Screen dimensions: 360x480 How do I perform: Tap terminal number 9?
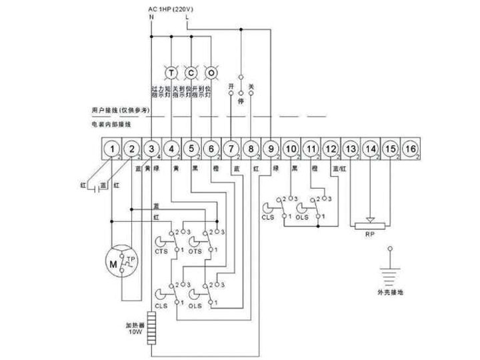click(x=271, y=149)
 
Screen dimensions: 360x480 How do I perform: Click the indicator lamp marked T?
click(x=171, y=72)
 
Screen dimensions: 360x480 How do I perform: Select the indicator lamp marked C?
click(x=191, y=72)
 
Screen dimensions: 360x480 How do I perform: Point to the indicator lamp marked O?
click(x=211, y=72)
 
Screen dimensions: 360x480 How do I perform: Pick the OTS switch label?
click(x=195, y=251)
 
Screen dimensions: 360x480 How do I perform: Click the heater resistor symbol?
click(x=153, y=322)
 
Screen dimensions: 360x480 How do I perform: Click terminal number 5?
click(x=191, y=149)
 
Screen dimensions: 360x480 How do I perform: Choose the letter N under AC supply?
click(x=152, y=17)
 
